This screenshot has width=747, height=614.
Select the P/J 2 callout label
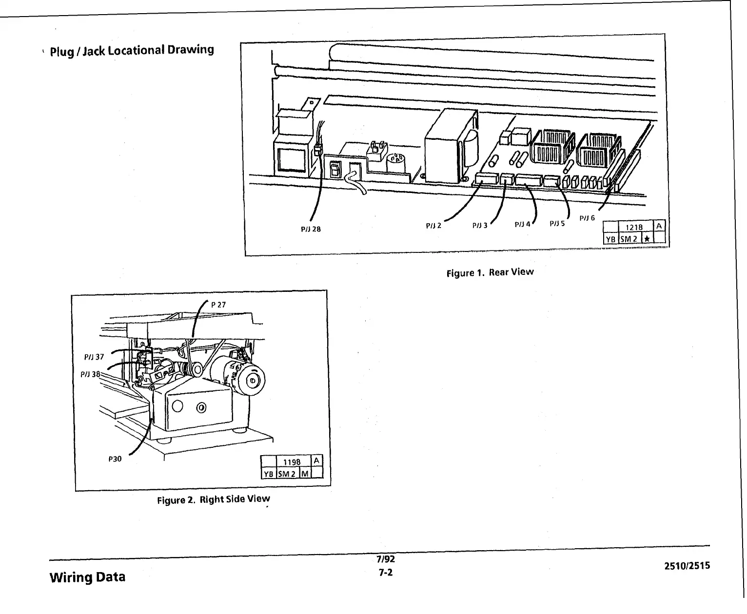pyautogui.click(x=433, y=226)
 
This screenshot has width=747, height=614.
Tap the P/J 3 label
pyautogui.click(x=480, y=226)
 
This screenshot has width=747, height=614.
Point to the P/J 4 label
pyautogui.click(x=522, y=225)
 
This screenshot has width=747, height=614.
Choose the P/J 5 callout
pyautogui.click(x=557, y=223)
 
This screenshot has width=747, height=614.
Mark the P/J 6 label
pyautogui.click(x=587, y=218)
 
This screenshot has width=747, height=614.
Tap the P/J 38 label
pyautogui.click(x=90, y=374)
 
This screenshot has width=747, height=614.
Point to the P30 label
pyautogui.click(x=115, y=459)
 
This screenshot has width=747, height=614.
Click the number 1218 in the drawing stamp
pyautogui.click(x=634, y=227)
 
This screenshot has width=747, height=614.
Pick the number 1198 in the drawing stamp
pyautogui.click(x=292, y=462)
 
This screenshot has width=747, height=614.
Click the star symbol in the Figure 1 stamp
pyautogui.click(x=647, y=238)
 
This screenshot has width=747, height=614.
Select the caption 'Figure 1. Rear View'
pyautogui.click(x=490, y=272)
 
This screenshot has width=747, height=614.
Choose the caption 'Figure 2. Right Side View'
pyautogui.click(x=213, y=499)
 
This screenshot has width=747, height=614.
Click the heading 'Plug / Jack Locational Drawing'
pyautogui.click(x=132, y=50)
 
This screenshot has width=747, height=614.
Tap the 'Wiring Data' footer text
pyautogui.click(x=87, y=577)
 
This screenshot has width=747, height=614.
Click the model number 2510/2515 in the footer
pyautogui.click(x=687, y=566)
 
